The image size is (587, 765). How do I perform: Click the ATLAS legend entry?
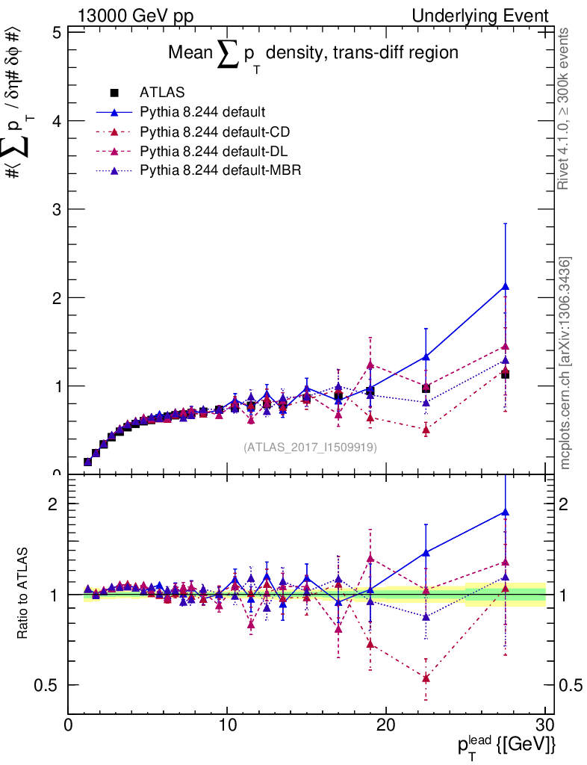(x=161, y=93)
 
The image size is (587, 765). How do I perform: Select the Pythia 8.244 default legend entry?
(x=202, y=113)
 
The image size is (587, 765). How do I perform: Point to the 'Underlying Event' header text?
(x=493, y=16)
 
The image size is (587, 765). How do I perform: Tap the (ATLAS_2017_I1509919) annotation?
(x=310, y=447)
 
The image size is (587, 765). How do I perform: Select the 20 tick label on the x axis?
(x=385, y=725)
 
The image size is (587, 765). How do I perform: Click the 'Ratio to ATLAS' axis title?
(x=22, y=594)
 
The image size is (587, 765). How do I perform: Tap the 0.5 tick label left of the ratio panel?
(x=47, y=685)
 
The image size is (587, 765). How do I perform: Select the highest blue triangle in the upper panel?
(x=506, y=286)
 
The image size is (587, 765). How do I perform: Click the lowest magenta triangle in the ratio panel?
(x=426, y=678)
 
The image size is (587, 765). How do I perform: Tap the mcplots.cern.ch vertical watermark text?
(x=566, y=363)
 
